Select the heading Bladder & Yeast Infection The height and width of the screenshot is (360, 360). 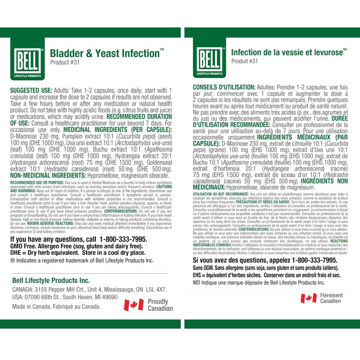point(104,53)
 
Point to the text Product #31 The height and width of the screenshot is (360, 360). point(64,63)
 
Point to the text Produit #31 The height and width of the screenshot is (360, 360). point(245,61)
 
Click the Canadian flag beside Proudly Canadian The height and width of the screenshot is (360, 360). point(133,305)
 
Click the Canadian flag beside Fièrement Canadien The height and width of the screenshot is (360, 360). point(309,298)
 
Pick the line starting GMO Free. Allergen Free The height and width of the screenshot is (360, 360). point(74,246)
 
